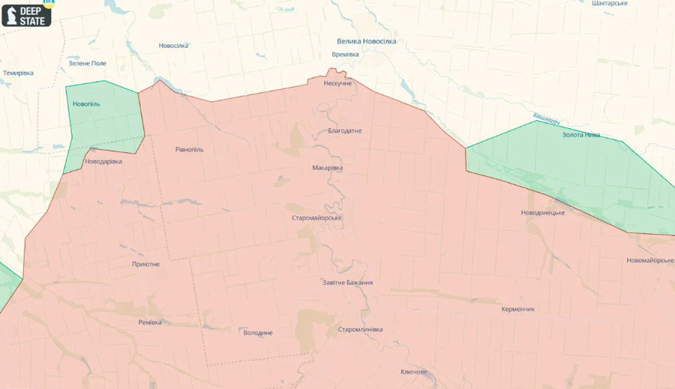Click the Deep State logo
click(27, 14)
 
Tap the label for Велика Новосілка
click(366, 41)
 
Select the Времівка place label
click(345, 54)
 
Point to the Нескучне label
click(337, 83)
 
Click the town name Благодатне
click(345, 130)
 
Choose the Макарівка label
click(328, 167)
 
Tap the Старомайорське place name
click(317, 217)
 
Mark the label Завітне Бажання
click(347, 283)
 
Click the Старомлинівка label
click(360, 329)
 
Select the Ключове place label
click(414, 372)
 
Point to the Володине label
click(258, 332)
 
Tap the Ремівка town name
click(150, 322)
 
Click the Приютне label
click(145, 264)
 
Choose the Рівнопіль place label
click(189, 149)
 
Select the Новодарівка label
click(103, 161)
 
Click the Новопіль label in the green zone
click(86, 103)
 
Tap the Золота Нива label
click(581, 135)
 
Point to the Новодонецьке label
click(543, 212)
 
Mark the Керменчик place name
click(518, 308)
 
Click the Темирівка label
click(19, 73)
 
